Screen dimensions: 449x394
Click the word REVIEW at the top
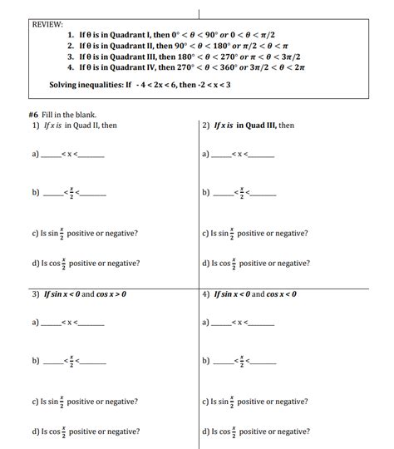(48, 25)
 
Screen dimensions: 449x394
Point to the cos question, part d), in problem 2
(256, 263)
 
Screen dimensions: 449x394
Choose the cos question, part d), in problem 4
(256, 432)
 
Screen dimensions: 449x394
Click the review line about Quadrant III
(188, 57)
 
